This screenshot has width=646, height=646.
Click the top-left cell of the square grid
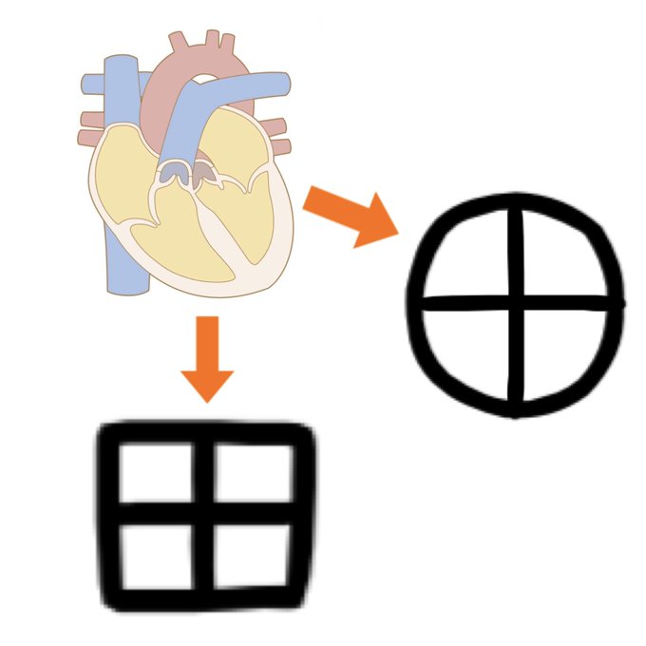pyautogui.click(x=157, y=474)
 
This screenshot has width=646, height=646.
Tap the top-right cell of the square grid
pyautogui.click(x=252, y=474)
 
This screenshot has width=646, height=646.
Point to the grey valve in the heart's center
pyautogui.click(x=173, y=172)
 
